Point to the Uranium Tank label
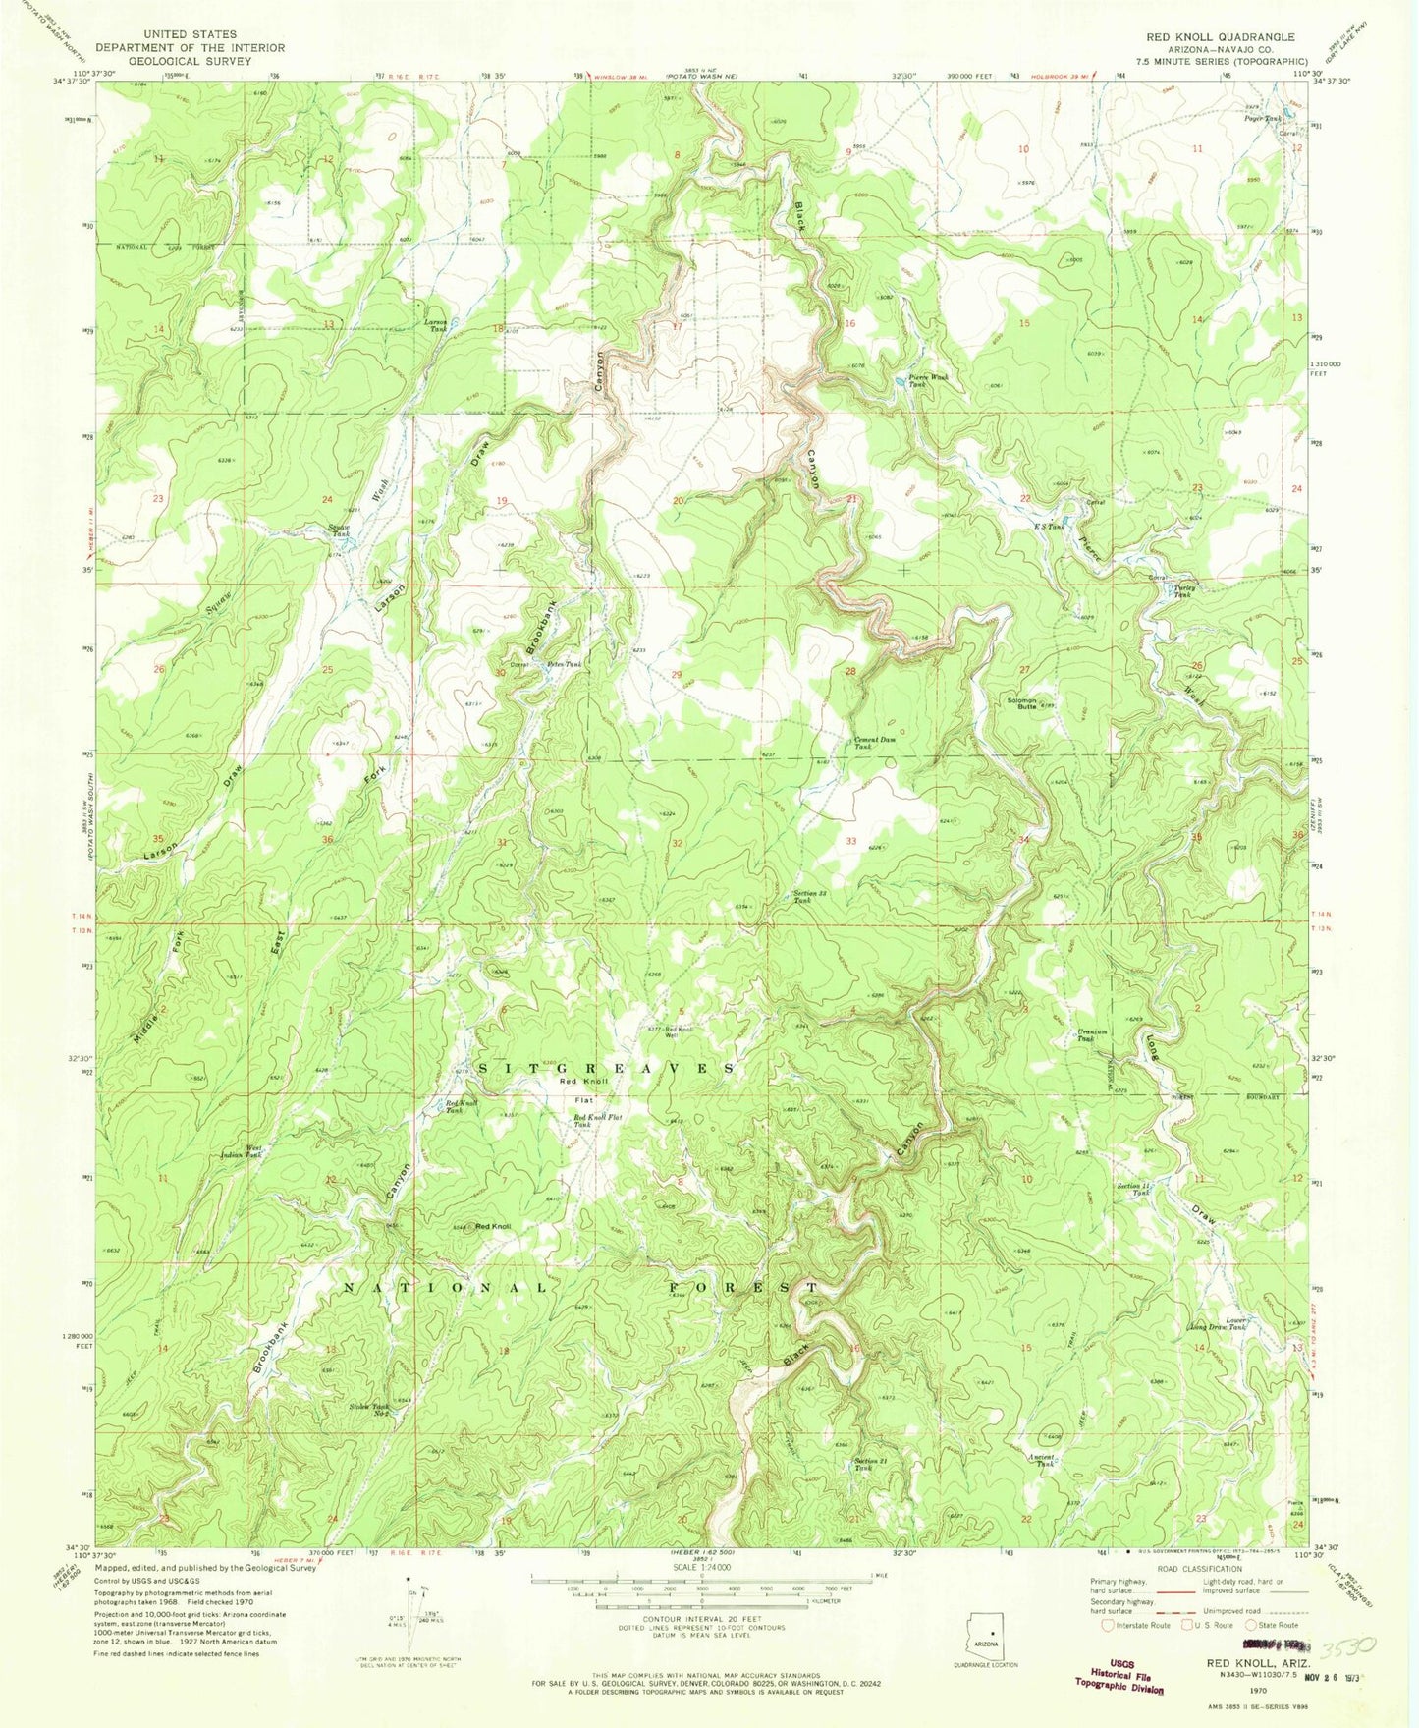coord(1093,1034)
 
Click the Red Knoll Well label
coord(680,1031)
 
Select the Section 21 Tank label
coord(871,1463)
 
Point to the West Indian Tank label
coord(241,1151)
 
